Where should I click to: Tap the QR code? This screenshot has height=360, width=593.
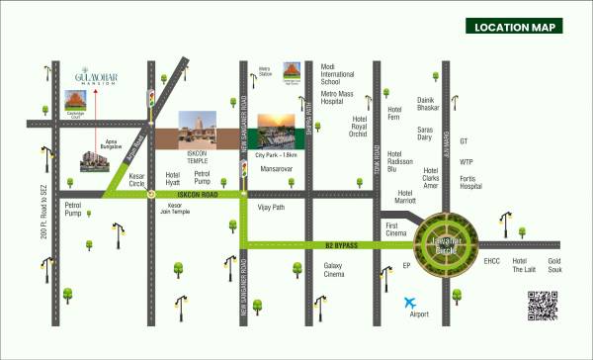[543, 307]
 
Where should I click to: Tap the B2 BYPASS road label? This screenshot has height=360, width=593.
[340, 243]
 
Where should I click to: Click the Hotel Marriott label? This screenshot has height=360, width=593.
[405, 198]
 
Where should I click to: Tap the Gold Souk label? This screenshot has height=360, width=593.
[560, 265]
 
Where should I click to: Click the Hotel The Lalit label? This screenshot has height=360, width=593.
[523, 265]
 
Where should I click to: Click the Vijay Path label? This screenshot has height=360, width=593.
[271, 210]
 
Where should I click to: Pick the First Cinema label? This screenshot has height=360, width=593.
[397, 230]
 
